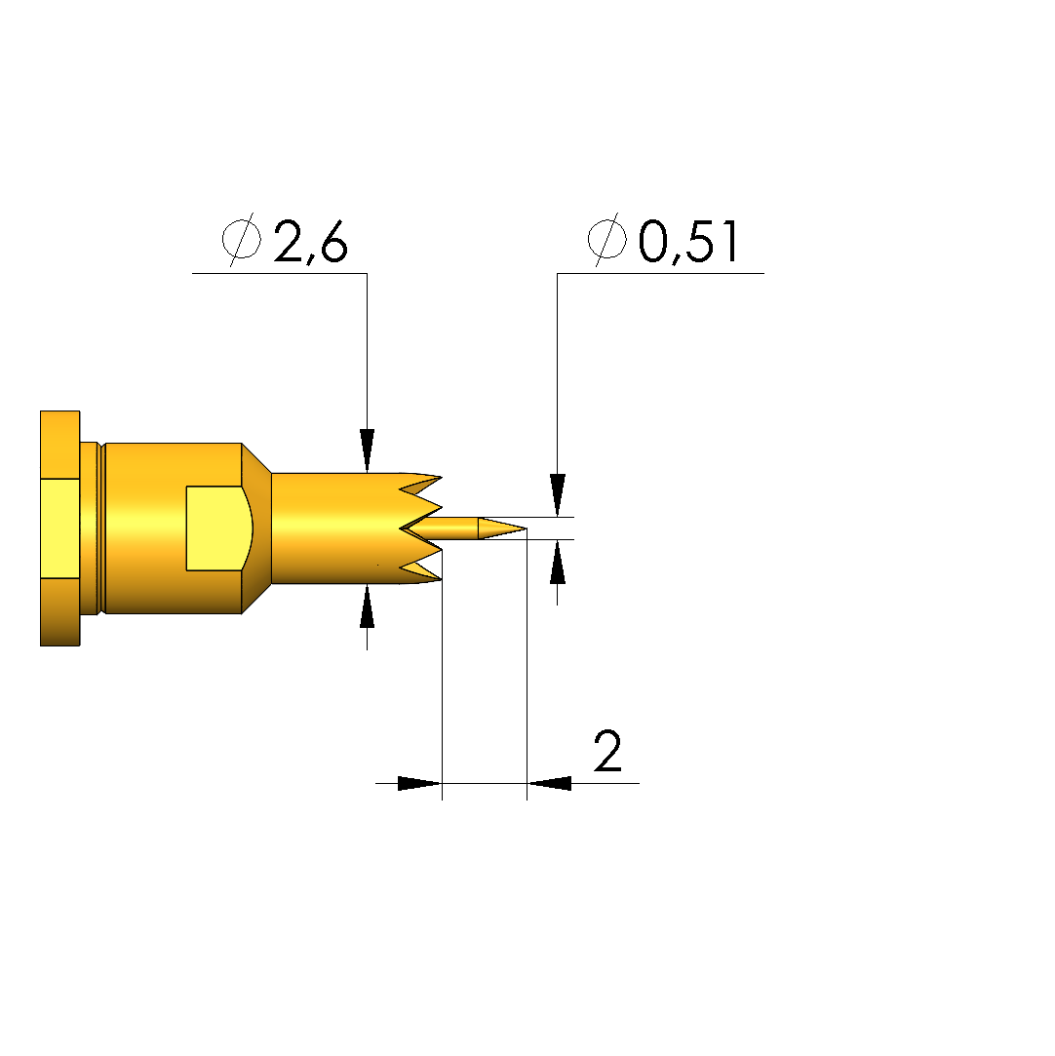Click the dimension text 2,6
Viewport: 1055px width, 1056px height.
310,241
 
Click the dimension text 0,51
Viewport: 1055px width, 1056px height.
688,241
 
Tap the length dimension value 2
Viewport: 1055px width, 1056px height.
607,750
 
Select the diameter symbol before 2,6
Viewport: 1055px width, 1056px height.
242,239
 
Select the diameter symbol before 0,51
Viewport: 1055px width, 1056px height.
607,239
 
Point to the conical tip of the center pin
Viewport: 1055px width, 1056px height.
501,528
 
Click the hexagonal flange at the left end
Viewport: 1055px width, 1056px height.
59,528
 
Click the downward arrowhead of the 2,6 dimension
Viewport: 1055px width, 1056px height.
367,450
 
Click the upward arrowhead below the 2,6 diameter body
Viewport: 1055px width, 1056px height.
367,606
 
